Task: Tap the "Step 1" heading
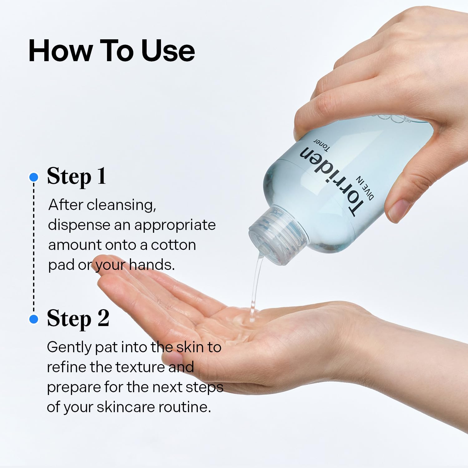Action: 76,177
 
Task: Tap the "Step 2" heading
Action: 78,319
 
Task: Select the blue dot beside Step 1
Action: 33,177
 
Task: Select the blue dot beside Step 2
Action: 33,319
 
